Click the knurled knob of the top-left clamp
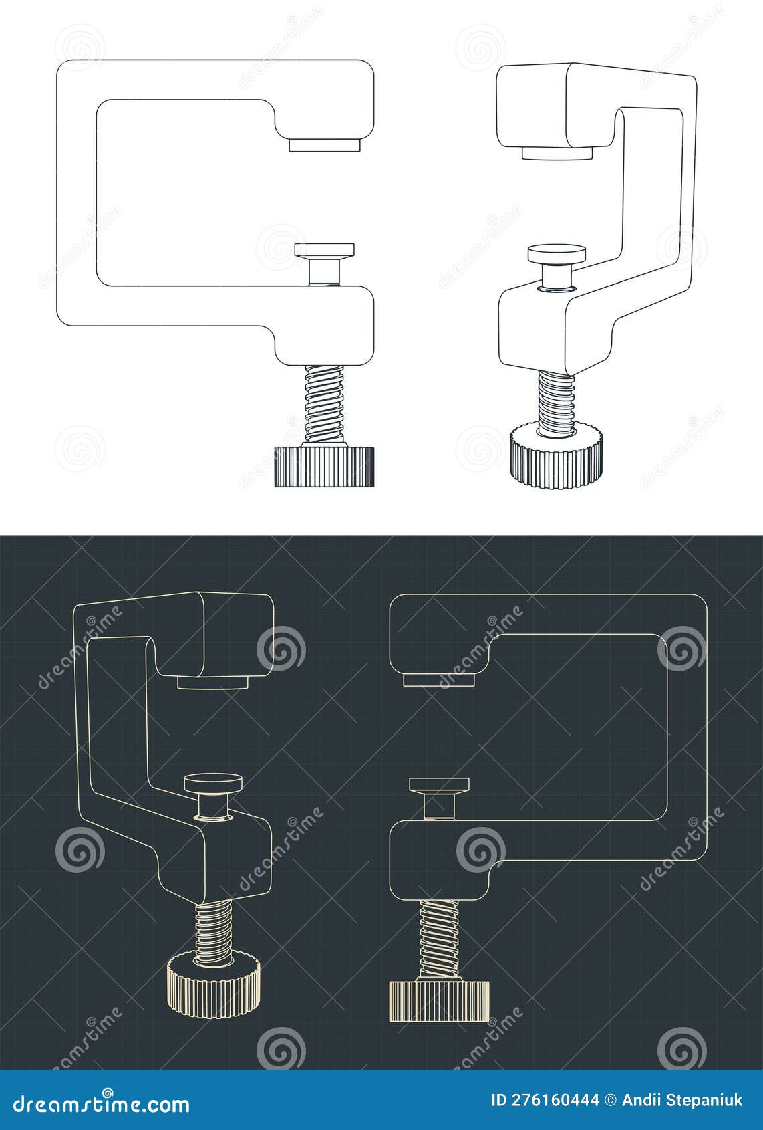[x=324, y=466]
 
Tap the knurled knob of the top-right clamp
[x=557, y=459]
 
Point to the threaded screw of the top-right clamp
[x=557, y=403]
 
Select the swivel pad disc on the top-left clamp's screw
[x=325, y=250]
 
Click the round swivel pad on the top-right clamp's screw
[x=557, y=253]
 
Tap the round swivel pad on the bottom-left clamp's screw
[x=213, y=782]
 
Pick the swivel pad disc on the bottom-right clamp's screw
[x=439, y=784]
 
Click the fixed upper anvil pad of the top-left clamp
[x=325, y=144]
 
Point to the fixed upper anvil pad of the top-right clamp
[x=557, y=154]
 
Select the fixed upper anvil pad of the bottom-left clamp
[x=213, y=682]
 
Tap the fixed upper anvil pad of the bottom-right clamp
[x=439, y=679]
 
